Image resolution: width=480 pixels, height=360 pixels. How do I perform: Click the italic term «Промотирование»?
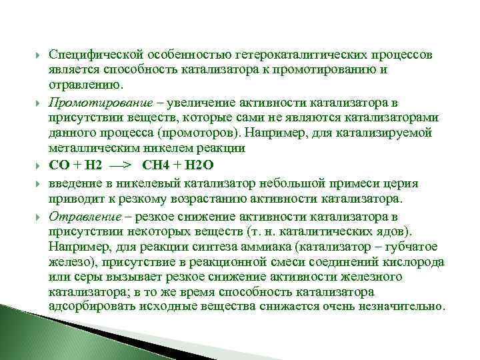pos(93,103)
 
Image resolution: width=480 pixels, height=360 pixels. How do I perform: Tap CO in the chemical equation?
pos(58,165)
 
